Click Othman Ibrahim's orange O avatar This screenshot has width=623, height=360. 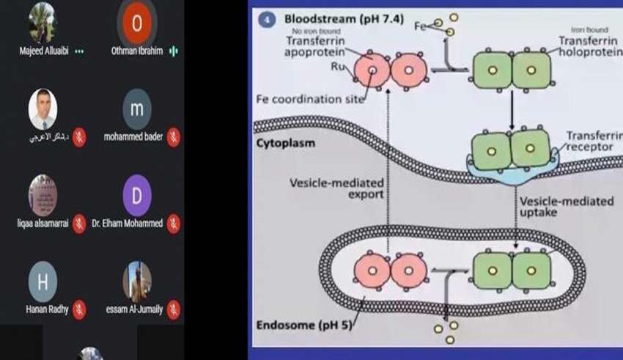tap(136, 23)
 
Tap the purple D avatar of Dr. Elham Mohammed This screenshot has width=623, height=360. tap(137, 195)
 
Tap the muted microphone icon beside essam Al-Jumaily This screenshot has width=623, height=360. tap(174, 309)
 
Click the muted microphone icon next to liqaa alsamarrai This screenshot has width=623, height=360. tap(79, 224)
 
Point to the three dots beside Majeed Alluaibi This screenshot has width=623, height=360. tap(79, 52)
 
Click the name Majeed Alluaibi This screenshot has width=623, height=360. tap(45, 52)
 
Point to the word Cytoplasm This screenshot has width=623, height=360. tap(286, 143)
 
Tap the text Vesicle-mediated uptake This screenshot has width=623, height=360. tap(565, 206)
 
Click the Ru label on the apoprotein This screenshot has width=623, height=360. tap(338, 65)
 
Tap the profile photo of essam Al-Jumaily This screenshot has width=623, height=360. tap(137, 280)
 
